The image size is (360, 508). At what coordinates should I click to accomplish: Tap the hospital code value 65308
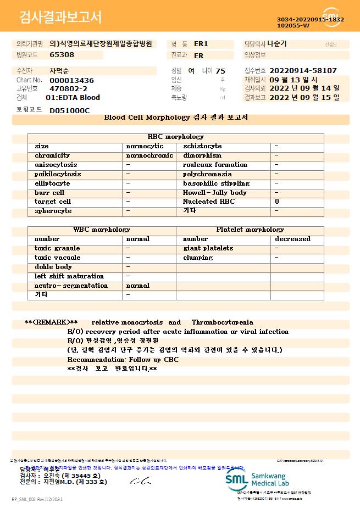(x=62, y=55)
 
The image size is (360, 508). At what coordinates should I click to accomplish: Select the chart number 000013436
(x=71, y=80)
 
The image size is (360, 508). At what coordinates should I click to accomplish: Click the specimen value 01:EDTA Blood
(x=73, y=98)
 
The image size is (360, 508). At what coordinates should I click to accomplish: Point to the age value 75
(x=220, y=71)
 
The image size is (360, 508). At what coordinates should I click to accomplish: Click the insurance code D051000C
(x=69, y=110)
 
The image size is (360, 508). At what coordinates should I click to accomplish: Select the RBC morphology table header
(x=176, y=137)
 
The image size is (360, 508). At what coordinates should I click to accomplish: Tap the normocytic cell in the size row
(x=145, y=147)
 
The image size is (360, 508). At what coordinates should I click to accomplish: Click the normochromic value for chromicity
(x=149, y=156)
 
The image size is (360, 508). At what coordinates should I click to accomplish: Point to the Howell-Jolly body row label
(x=214, y=193)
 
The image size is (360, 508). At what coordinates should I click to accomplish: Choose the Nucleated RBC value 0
(x=277, y=202)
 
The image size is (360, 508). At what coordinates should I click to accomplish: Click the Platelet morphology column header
(x=250, y=230)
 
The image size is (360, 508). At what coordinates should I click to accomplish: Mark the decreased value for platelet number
(x=292, y=239)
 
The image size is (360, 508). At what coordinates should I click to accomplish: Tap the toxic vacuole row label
(x=57, y=258)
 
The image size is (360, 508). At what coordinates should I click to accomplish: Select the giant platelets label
(x=208, y=248)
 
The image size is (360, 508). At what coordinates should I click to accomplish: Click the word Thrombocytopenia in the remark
(x=223, y=322)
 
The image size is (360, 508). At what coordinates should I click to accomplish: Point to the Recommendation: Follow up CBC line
(x=123, y=359)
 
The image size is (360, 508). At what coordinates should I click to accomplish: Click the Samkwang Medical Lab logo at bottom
(x=261, y=479)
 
